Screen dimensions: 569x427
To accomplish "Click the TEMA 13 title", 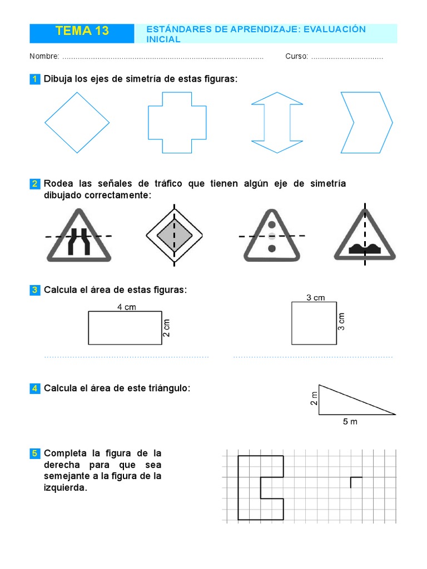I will click(82, 32).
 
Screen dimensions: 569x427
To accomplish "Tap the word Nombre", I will click(44, 57).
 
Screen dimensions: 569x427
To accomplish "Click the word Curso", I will click(296, 57).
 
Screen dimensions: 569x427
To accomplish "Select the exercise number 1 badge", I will click(34, 79).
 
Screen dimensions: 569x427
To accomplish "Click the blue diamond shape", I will click(77, 122).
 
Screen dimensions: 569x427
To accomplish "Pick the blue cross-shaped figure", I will click(177, 122).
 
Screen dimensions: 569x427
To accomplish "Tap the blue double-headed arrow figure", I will click(277, 122).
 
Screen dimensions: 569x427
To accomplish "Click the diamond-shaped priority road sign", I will click(174, 236).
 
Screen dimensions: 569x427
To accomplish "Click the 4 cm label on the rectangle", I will click(126, 307).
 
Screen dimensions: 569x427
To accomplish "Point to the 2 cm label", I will click(166, 328).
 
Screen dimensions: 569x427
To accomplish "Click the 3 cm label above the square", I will click(315, 298).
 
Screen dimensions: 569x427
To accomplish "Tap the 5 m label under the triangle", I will click(350, 422).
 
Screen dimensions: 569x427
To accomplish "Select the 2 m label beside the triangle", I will click(314, 399).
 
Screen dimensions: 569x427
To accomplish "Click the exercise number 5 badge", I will click(34, 454).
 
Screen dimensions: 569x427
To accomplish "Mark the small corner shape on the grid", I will click(355, 481).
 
